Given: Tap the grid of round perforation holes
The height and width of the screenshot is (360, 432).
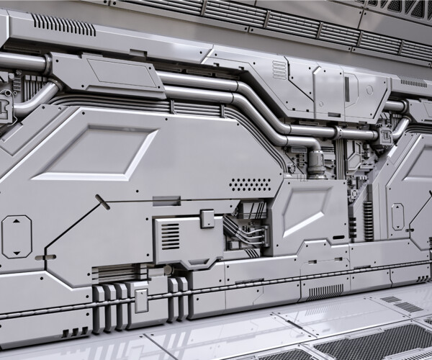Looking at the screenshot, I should click(x=250, y=184).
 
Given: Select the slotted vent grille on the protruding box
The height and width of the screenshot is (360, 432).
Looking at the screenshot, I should click(x=170, y=235).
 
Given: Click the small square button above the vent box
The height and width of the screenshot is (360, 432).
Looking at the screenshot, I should click(x=207, y=219).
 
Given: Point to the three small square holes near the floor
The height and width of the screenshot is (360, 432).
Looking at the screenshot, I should click(x=73, y=333).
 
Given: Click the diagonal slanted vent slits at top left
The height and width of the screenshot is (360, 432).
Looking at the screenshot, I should click(x=63, y=25).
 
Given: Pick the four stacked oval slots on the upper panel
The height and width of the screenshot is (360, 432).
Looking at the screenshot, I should click(x=279, y=69).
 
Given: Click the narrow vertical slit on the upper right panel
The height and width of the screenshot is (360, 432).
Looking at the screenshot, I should click(x=346, y=89).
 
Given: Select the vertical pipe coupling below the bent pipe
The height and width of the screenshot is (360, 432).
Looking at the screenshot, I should click(x=315, y=162).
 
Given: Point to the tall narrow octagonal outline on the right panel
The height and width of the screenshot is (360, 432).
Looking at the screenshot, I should click(x=397, y=217).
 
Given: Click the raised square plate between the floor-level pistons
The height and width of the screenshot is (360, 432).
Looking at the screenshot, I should click(x=141, y=300).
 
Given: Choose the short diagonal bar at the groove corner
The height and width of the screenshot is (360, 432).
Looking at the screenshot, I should click(x=102, y=202).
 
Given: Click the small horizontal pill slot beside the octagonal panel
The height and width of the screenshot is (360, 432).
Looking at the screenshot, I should click(x=45, y=257).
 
